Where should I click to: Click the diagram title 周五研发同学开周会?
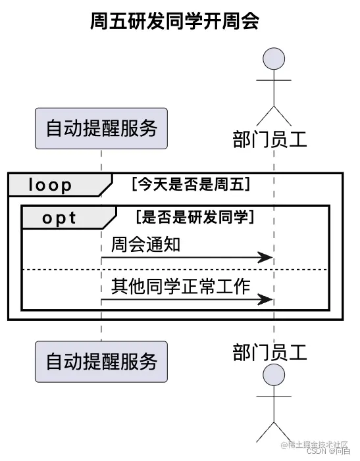coord(174,22)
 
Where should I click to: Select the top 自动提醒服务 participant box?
coord(101,128)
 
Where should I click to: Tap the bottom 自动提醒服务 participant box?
coord(101,361)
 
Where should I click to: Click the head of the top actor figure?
coord(274,58)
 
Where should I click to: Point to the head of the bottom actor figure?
coord(274,376)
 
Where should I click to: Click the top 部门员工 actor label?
coord(270,139)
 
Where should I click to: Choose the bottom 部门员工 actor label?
coord(270,352)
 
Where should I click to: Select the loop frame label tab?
coord(53,185)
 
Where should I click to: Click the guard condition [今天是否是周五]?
coord(191,185)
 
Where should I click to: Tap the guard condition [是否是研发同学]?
coord(195,216)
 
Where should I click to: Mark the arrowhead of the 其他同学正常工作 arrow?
coord(266,300)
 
